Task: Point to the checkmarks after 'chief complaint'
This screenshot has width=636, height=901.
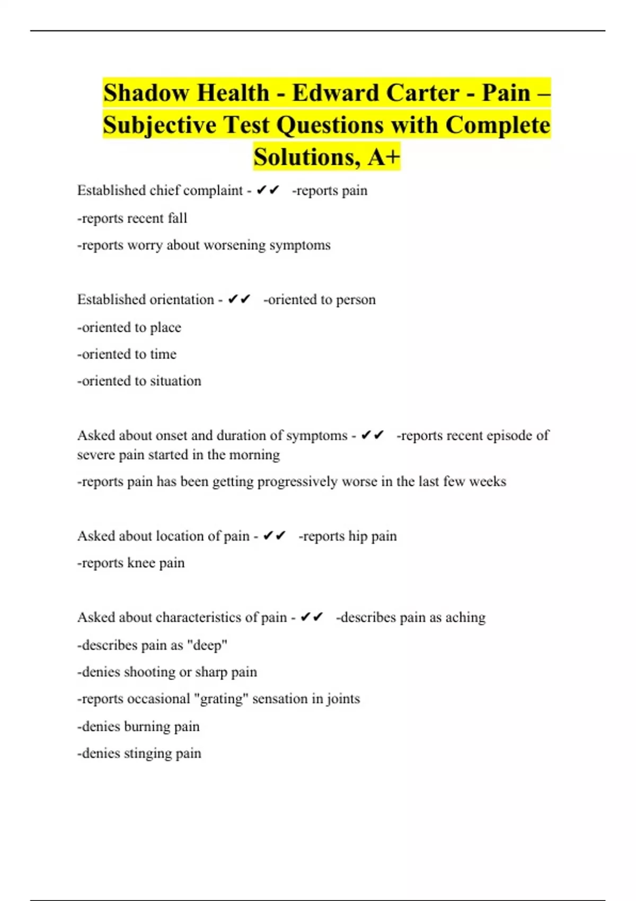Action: tap(268, 190)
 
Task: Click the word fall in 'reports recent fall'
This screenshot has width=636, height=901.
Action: tap(178, 218)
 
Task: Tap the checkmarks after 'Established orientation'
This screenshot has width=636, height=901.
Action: tap(239, 299)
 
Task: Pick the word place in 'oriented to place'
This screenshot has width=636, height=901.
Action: tap(165, 327)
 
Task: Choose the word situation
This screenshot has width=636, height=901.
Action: tap(175, 381)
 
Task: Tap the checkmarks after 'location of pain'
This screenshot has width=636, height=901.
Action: tap(275, 536)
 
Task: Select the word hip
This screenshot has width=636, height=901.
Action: tap(358, 536)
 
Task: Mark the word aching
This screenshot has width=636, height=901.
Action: tap(465, 617)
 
